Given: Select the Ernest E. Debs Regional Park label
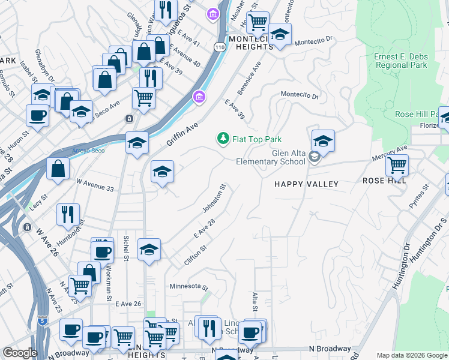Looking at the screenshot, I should click(x=400, y=61).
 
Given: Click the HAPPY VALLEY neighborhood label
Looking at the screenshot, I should click(x=306, y=184).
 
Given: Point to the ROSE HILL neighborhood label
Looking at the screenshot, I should click(x=385, y=180).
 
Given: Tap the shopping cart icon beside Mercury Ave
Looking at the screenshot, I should click(x=397, y=164).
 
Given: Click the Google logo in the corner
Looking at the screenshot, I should click(x=19, y=353).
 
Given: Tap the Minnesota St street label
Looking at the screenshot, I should click(x=188, y=287).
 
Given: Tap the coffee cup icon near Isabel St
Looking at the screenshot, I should click(x=37, y=116).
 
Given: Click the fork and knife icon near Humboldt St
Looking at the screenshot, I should click(x=67, y=214).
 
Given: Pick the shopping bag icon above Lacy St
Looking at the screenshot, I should click(x=58, y=169).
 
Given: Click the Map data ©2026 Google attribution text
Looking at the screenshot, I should click(x=411, y=355).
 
